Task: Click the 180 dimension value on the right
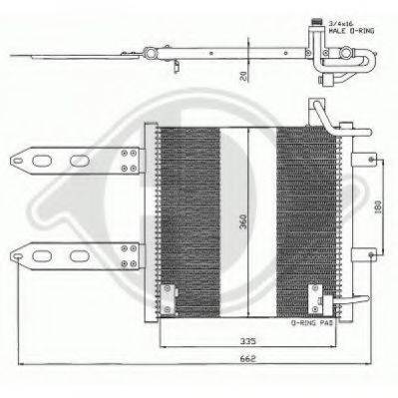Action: point(380,207)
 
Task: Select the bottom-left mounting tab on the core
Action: point(170,296)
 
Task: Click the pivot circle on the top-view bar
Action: point(149,52)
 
